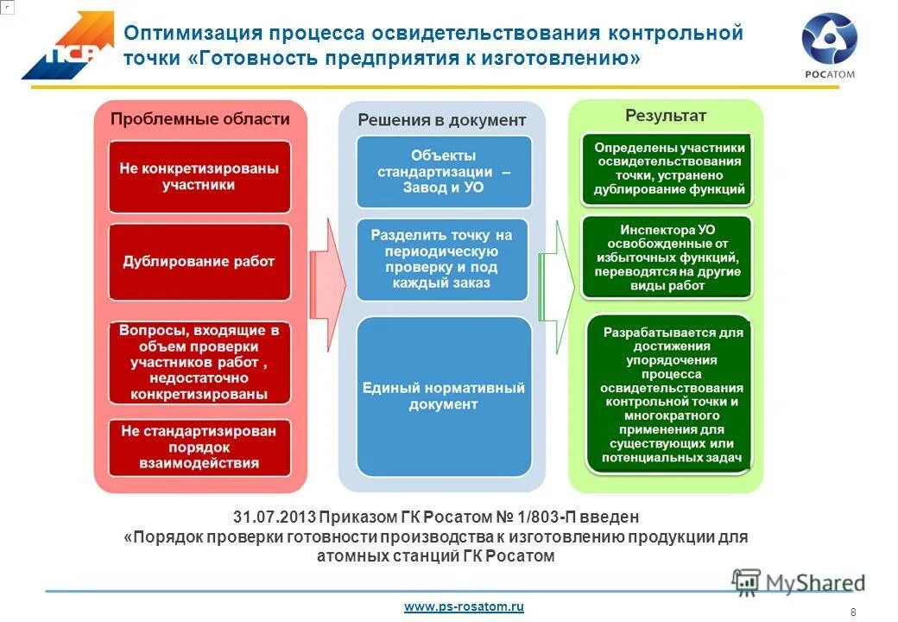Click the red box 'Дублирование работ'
[x=199, y=262]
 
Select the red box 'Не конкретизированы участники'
[x=199, y=176]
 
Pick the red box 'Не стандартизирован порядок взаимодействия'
[x=199, y=446]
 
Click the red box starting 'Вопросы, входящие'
[x=199, y=362]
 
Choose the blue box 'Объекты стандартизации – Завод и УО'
[x=443, y=171]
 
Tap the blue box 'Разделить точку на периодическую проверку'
[x=442, y=258]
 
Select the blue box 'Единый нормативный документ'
[x=443, y=397]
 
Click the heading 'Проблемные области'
[x=199, y=119]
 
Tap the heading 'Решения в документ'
[x=441, y=120]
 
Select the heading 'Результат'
[x=665, y=115]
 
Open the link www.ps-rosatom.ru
[x=464, y=607]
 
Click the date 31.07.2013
[x=271, y=517]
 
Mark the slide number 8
[x=853, y=612]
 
